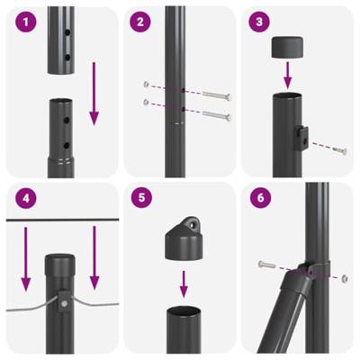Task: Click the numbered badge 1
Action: pos(22,22)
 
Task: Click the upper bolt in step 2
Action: pos(216,94)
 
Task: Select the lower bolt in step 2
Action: pos(216,115)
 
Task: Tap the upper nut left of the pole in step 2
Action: pos(146,85)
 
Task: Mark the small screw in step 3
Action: pos(339,149)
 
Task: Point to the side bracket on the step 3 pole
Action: pos(302,137)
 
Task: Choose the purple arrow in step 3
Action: pos(290,71)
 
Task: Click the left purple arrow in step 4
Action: pos(25,257)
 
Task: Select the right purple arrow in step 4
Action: pos(94,257)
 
